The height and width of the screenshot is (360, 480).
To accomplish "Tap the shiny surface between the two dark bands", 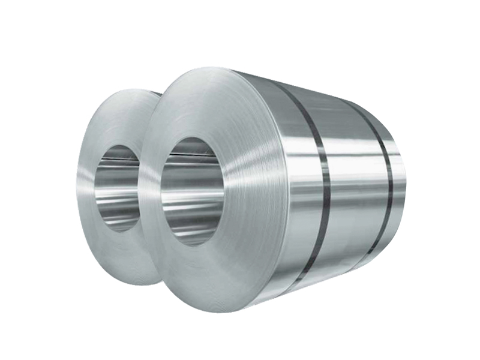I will [x=354, y=180].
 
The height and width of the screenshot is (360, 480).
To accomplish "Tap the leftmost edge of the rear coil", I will [x=77, y=180].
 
